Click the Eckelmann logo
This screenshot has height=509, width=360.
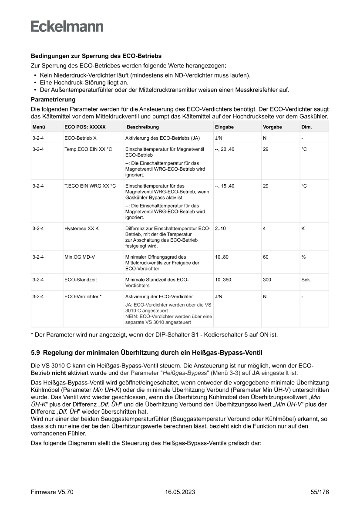pyautogui.click(x=67, y=27)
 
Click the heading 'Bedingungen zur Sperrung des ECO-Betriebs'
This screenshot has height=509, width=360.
pyautogui.click(x=96, y=56)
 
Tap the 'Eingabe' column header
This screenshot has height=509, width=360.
pyautogui.click(x=224, y=127)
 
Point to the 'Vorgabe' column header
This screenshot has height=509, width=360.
pyautogui.click(x=273, y=127)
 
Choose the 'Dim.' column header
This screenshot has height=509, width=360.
pyautogui.click(x=306, y=127)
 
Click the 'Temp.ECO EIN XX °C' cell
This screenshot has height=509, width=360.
pyautogui.click(x=88, y=149)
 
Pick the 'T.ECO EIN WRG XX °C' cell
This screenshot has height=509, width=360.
pyautogui.click(x=90, y=186)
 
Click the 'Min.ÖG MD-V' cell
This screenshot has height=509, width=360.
pyautogui.click(x=80, y=257)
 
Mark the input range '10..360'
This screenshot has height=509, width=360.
pyautogui.click(x=223, y=280)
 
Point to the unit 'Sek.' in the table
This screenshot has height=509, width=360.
pyautogui.click(x=306, y=280)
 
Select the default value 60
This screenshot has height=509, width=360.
pyautogui.click(x=266, y=257)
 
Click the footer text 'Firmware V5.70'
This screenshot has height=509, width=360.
pyautogui.click(x=52, y=492)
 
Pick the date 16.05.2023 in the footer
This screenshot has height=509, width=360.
pyautogui.click(x=180, y=492)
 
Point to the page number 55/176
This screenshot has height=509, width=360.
pyautogui.click(x=320, y=492)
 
